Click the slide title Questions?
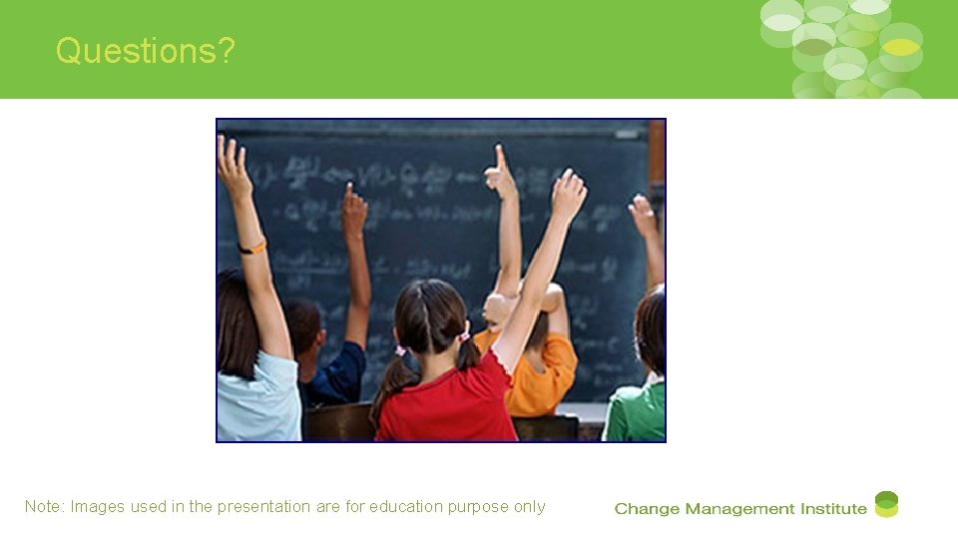coord(146,50)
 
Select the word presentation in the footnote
coord(264,507)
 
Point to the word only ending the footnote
coord(530,507)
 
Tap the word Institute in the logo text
coord(831,509)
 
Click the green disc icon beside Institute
coord(886,504)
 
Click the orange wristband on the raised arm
coord(252,246)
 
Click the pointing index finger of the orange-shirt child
coord(500,158)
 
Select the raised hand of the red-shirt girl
coord(568,193)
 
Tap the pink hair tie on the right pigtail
coord(464,336)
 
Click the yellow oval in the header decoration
coord(901,47)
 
